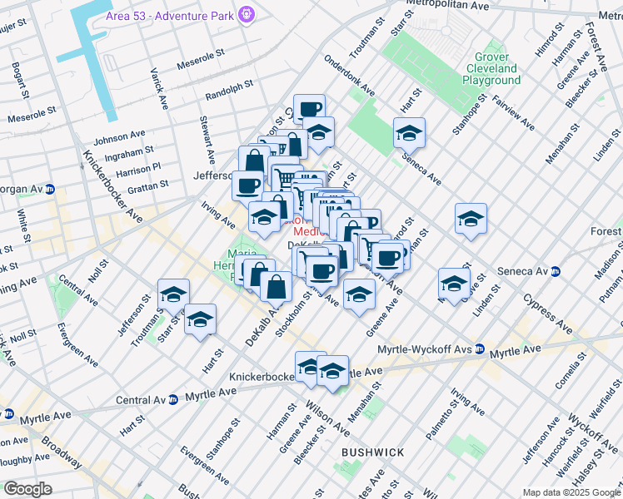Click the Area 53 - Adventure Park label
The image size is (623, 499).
(x=170, y=15)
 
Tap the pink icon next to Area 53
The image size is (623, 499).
(x=246, y=14)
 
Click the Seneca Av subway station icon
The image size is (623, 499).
(x=555, y=271)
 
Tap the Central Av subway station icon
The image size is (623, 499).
(x=173, y=399)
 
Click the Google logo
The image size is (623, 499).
(x=27, y=489)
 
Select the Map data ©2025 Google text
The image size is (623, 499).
(x=571, y=492)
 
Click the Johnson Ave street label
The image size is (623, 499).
(x=123, y=137)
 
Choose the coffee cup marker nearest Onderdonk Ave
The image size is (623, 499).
(x=309, y=109)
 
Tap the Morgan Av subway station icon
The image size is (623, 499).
(x=49, y=189)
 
